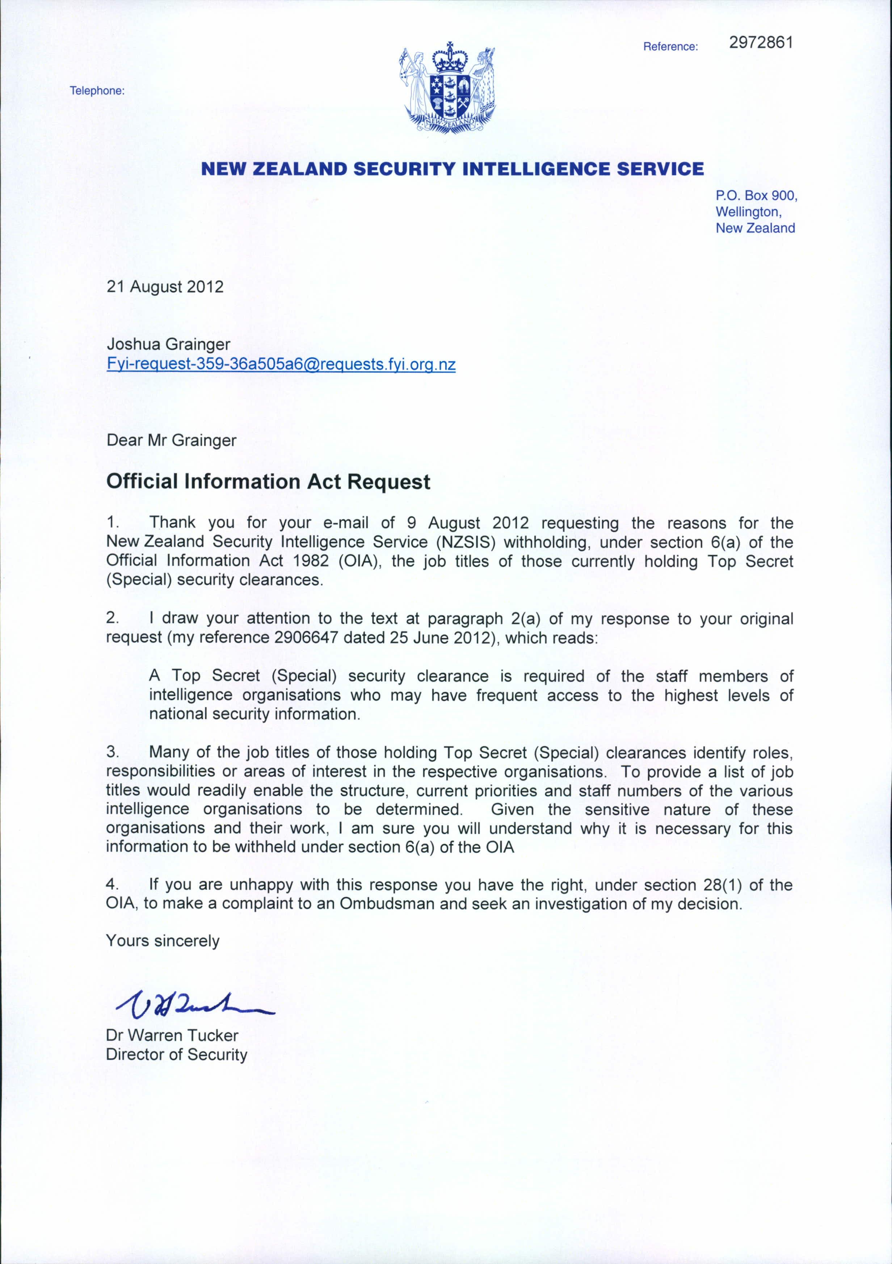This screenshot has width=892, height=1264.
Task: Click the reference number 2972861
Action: pyautogui.click(x=761, y=43)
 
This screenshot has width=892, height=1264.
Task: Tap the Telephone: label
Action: pyautogui.click(x=97, y=91)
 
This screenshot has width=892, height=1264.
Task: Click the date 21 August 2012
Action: pyautogui.click(x=165, y=287)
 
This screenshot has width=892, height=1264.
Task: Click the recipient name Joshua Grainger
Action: pyautogui.click(x=168, y=345)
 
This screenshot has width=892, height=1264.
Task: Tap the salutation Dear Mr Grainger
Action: pyautogui.click(x=171, y=440)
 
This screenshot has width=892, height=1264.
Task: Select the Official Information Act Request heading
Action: pyautogui.click(x=268, y=482)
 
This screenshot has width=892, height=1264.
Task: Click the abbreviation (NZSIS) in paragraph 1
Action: pyautogui.click(x=466, y=542)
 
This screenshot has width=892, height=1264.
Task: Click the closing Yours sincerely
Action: pyautogui.click(x=163, y=941)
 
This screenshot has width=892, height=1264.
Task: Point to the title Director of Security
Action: pyautogui.click(x=177, y=1054)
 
